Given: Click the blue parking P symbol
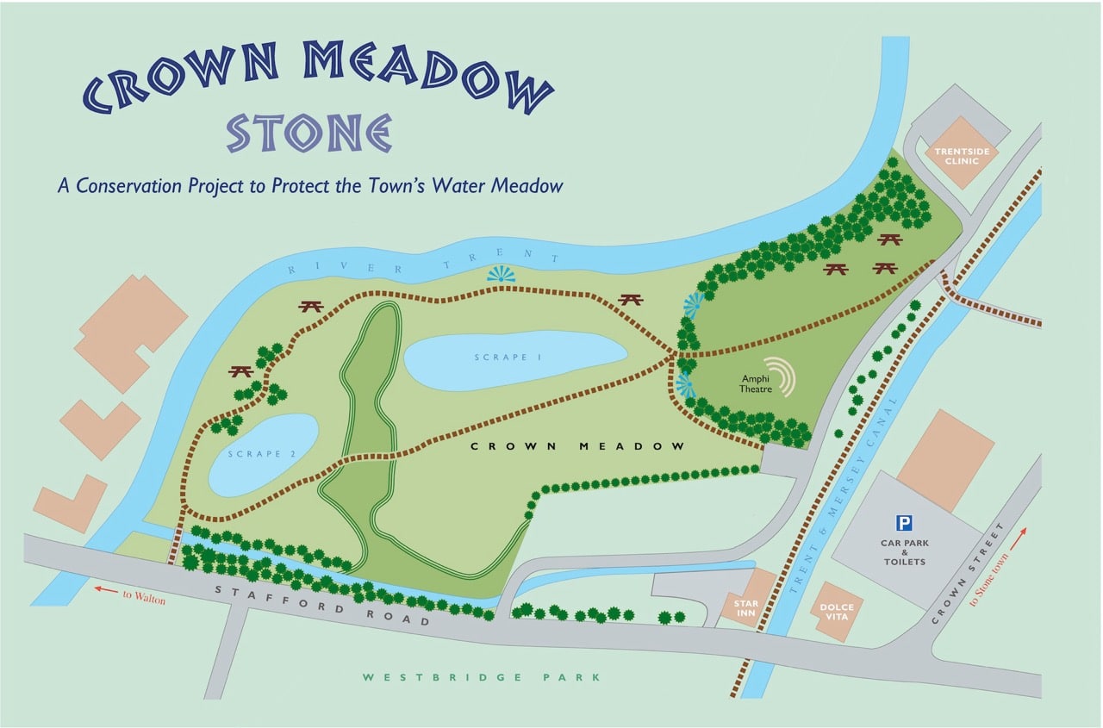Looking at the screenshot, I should (903, 522).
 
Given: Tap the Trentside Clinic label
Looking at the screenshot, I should (960, 155).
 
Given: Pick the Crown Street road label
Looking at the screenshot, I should (970, 573).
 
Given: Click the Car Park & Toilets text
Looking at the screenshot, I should (902, 552).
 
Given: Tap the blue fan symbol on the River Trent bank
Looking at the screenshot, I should (501, 274).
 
